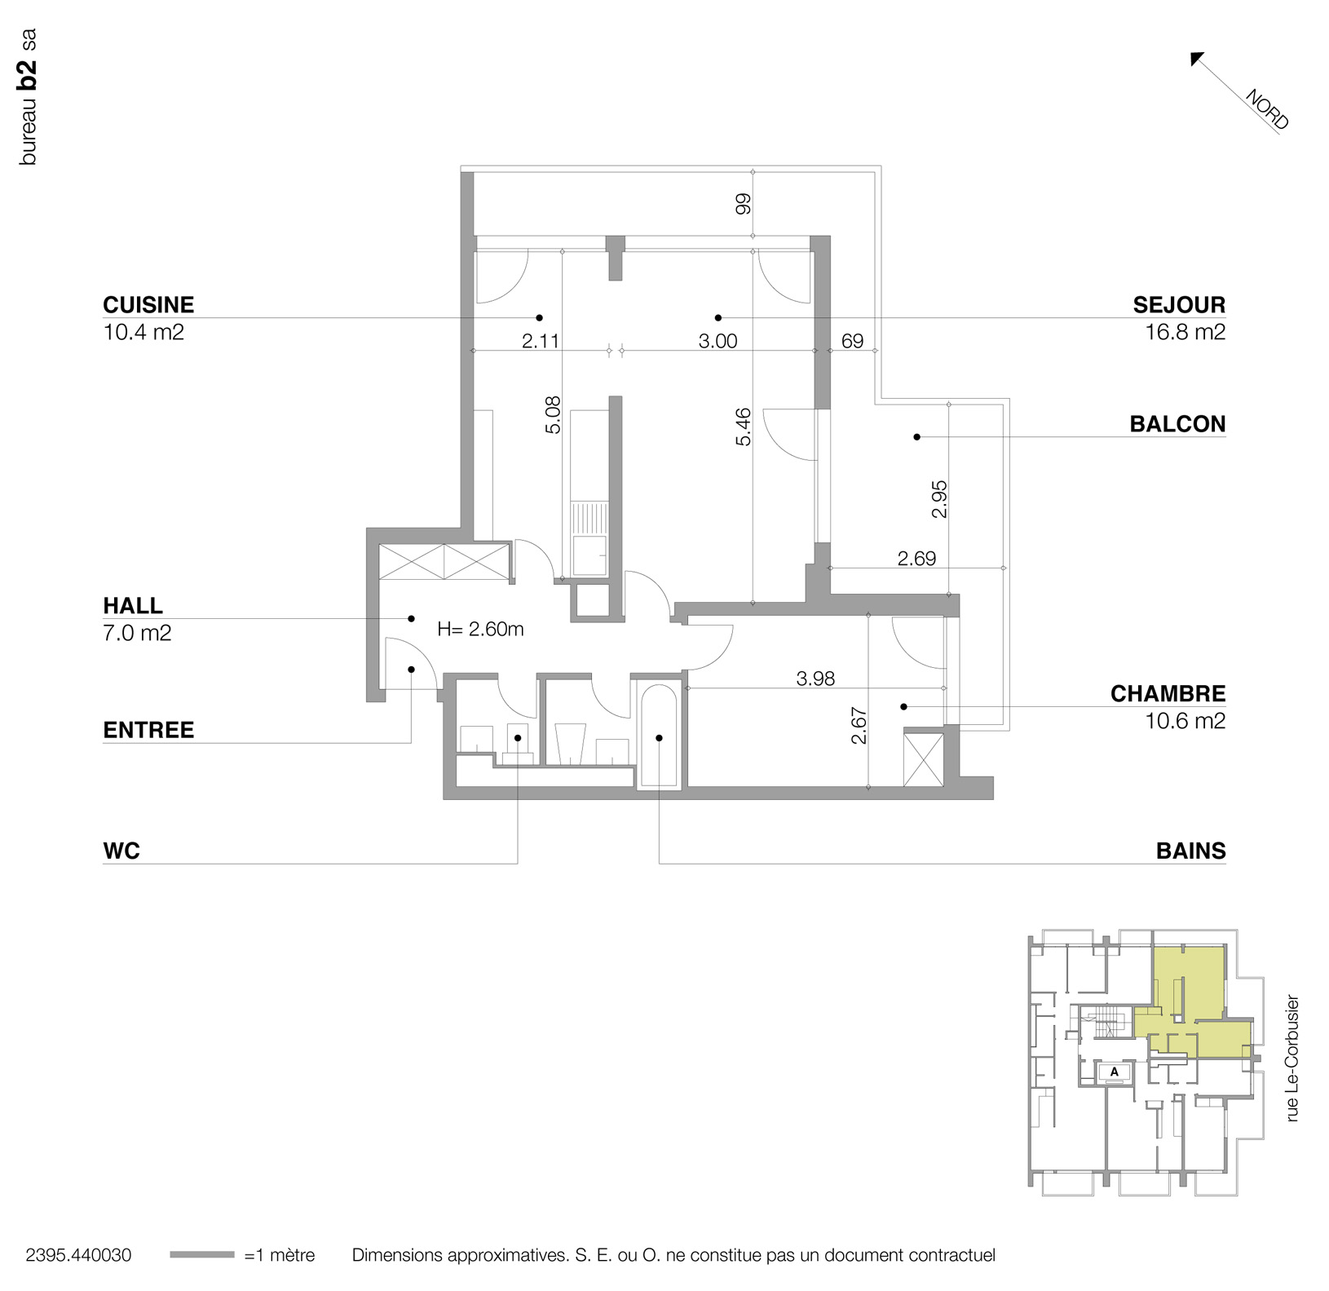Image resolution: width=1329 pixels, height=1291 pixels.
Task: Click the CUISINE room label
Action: [x=148, y=305]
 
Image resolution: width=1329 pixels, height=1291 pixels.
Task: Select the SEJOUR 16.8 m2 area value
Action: [x=1185, y=333]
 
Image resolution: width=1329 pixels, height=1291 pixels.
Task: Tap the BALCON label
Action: [x=1177, y=424]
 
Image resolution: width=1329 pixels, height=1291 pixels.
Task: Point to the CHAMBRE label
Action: [x=1168, y=694]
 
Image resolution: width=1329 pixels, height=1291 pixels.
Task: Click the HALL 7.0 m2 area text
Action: [x=137, y=634]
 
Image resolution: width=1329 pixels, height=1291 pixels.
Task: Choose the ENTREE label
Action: [x=148, y=730]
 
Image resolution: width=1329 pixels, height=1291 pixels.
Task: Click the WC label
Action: [x=121, y=851]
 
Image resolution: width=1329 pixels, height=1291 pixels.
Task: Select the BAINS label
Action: [x=1190, y=851]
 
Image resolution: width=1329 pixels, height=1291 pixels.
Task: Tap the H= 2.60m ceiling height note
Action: [x=480, y=629]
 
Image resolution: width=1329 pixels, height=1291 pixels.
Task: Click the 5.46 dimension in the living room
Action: [x=743, y=427]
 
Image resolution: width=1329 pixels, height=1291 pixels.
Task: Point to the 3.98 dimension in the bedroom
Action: [x=815, y=679]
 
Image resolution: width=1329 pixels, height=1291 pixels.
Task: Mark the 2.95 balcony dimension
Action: [x=939, y=499]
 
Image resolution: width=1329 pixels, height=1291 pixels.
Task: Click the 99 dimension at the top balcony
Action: [x=743, y=204]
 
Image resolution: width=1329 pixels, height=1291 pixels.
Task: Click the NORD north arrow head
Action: [x=1198, y=59]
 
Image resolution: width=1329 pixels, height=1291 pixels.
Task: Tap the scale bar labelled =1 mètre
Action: [x=201, y=1255]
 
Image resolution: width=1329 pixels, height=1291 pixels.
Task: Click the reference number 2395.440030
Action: [x=78, y=1255]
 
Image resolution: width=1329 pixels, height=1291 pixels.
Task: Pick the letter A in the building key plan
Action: [x=1115, y=1072]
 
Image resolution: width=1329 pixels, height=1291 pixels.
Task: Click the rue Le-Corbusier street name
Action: [x=1291, y=1058]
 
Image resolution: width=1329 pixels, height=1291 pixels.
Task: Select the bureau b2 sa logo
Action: [x=28, y=97]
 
